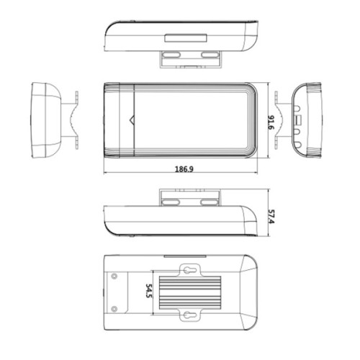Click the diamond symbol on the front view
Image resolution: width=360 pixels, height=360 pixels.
(130, 119)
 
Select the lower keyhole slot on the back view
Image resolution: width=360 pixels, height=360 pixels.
(187, 317)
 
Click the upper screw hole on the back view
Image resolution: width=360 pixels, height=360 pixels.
(115, 276)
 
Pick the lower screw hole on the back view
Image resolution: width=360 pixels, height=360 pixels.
(115, 310)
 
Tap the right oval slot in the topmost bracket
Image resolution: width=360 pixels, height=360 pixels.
(208, 55)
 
